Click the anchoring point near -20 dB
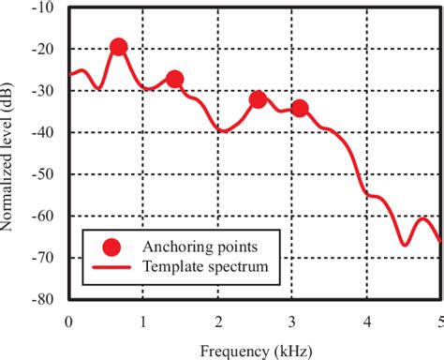[x=118, y=47]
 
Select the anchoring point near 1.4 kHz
[x=174, y=79]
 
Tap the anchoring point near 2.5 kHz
[x=258, y=99]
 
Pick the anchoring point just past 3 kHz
[x=299, y=108]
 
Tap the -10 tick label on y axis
[x=42, y=7]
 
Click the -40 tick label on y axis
[x=42, y=132]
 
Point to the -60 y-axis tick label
[x=42, y=216]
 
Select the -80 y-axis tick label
[x=42, y=299]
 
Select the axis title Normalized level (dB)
[x=10, y=154]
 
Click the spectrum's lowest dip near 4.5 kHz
[x=405, y=245]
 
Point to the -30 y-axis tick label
[x=42, y=91]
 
